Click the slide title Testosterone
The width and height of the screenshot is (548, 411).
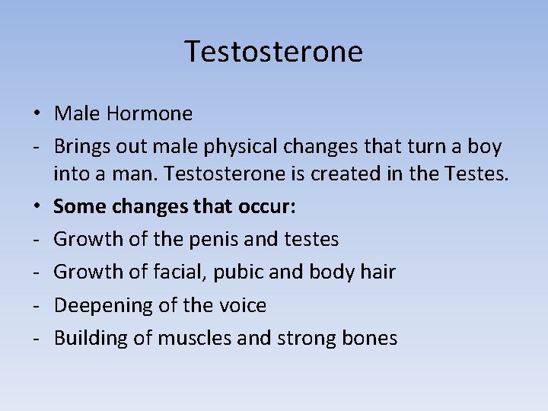274,52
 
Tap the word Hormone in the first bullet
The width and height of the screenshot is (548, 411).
149,114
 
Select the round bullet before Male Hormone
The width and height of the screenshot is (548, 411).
37,114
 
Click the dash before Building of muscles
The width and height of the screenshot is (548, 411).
36,338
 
